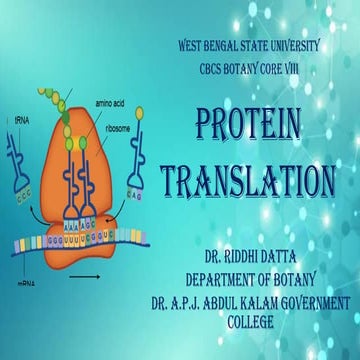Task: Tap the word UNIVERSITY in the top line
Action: (x=308, y=46)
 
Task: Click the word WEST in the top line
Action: (x=193, y=46)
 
